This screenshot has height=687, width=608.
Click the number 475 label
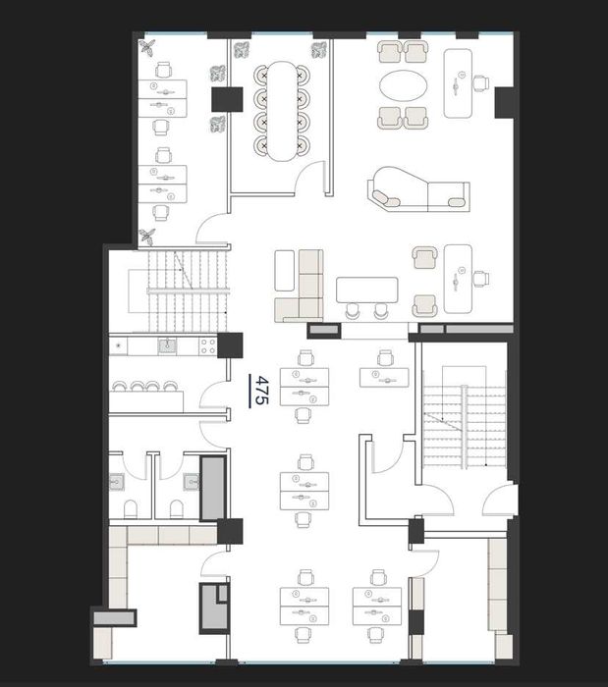pos(261,391)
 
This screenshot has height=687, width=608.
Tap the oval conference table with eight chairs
pos(282,111)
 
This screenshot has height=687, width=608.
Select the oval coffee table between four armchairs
pos(403,85)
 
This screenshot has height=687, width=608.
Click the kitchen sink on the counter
pos(167,346)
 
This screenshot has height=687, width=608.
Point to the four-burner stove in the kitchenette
pos(208,345)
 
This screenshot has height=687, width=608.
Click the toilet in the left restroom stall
pos(131,508)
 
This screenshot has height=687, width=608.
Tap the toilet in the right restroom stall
pos(176,508)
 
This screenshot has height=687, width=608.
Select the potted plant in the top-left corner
pos(147,47)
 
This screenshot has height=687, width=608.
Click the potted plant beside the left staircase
pos(146,237)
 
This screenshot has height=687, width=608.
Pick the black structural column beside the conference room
pos(227,99)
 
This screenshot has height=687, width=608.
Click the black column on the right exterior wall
pos(504,102)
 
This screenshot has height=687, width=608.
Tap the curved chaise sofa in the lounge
pos(418,189)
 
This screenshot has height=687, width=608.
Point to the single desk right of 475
pos(384,378)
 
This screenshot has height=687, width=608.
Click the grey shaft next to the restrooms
pos(213,488)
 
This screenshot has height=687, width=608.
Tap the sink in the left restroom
pos(116,482)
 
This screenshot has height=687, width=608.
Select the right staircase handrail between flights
pos(465,427)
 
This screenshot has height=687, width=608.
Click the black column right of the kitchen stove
pos(230,345)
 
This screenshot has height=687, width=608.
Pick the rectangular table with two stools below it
pos(367,291)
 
